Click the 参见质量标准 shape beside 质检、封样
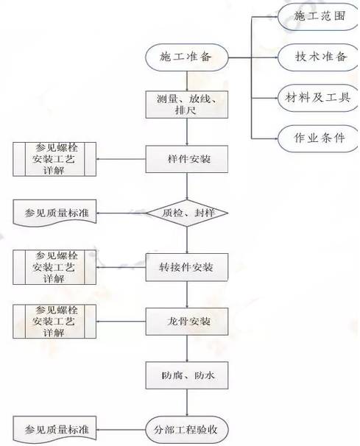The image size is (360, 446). click(56, 213)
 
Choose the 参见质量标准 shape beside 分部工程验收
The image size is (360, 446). click(56, 428)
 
